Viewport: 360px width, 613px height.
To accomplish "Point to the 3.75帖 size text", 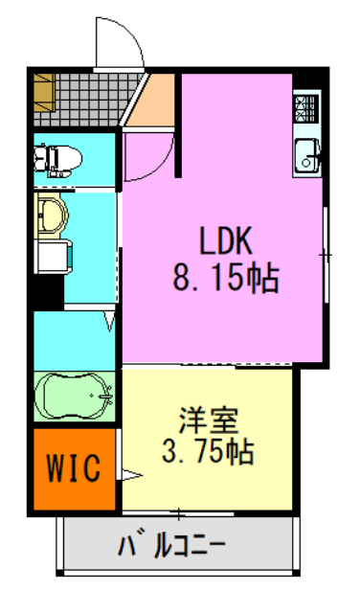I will [210, 451].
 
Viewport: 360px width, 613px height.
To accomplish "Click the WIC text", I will [75, 470].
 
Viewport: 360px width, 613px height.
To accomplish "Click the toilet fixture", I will [57, 154].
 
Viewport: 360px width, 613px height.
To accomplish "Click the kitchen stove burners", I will [307, 111].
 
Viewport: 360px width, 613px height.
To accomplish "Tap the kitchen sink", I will [307, 154].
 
